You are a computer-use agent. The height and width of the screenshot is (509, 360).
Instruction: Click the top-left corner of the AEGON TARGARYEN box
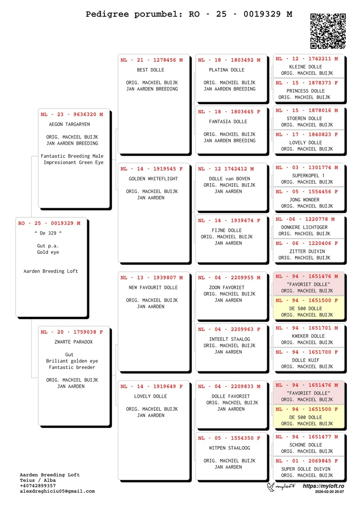pyautogui.click(x=38, y=109)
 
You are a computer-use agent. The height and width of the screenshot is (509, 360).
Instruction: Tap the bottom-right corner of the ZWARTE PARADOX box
pyautogui.click(x=110, y=426)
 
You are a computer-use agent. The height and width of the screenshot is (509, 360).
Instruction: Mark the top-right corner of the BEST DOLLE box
pyautogui.click(x=189, y=54)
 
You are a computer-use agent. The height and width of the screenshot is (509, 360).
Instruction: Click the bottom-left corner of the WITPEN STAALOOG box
pyautogui.click(x=196, y=479)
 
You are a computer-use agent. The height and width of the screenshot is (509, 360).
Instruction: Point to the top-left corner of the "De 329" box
pyautogui.click(x=16, y=218)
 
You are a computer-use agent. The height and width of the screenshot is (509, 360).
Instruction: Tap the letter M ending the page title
pyautogui.click(x=289, y=14)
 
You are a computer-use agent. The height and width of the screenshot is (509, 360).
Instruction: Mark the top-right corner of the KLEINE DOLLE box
pyautogui.click(x=344, y=54)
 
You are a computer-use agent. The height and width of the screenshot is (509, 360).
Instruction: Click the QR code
pyautogui.click(x=328, y=31)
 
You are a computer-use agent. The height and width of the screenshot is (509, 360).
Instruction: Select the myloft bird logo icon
pyautogui.click(x=271, y=486)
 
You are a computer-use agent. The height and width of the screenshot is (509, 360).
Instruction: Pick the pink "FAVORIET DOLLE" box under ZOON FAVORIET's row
pyautogui.click(x=309, y=284)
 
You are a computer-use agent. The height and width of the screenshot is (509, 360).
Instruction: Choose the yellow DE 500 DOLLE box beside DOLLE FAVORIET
pyautogui.click(x=309, y=417)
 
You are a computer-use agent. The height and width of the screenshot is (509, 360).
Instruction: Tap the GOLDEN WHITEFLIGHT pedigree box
pyautogui.click(x=153, y=213)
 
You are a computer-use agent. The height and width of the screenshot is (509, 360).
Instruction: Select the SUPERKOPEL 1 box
pyautogui.click(x=309, y=176)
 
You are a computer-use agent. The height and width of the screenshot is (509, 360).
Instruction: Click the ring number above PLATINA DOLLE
pyautogui.click(x=229, y=60)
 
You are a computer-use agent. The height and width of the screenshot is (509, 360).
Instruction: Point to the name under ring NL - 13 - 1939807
pyautogui.click(x=153, y=288)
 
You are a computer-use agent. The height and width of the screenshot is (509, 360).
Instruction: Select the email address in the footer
pyautogui.click(x=58, y=491)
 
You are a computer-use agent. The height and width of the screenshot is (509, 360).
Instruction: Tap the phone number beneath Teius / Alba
pyautogui.click(x=38, y=486)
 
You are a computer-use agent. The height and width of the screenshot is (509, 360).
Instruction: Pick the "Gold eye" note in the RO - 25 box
pyautogui.click(x=48, y=252)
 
